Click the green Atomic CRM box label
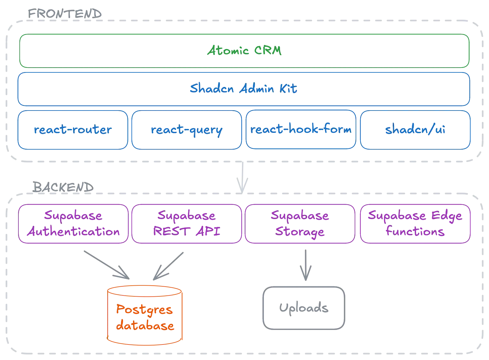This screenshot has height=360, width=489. [244, 51]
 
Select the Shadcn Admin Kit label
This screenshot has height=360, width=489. [243, 89]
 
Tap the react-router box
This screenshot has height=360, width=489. [73, 130]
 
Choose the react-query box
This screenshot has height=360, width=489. [187, 130]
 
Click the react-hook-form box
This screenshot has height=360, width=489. [301, 130]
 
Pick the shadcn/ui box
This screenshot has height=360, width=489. [415, 130]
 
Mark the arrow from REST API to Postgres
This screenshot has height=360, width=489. [169, 266]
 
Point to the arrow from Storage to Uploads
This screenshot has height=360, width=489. [306, 264]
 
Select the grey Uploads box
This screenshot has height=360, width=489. [304, 308]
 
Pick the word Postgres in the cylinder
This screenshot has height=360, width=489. [144, 310]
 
